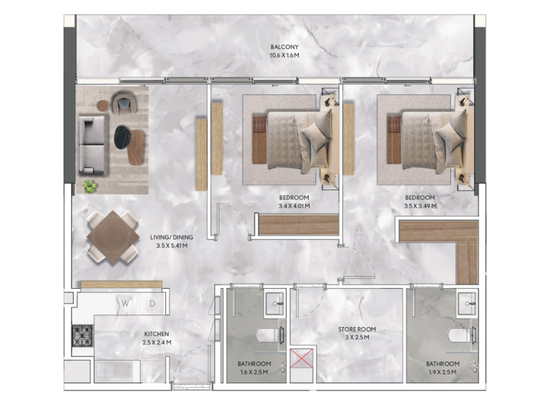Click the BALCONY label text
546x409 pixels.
point(285,47)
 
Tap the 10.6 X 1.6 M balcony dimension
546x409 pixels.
point(285,55)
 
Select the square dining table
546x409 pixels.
point(112,237)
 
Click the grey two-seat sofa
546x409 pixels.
point(91,145)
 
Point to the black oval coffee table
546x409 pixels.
point(122,137)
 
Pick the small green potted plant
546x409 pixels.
point(90,186)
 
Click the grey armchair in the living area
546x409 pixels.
point(124,104)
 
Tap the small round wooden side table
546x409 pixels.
point(103,105)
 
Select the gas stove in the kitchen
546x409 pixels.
point(83,336)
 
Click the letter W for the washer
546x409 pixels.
point(125,303)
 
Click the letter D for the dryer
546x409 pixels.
point(152,303)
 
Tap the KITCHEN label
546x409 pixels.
point(157,334)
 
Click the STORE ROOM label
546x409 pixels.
point(357,329)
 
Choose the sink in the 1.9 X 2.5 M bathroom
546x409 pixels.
point(467,303)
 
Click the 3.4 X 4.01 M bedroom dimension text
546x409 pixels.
point(294,206)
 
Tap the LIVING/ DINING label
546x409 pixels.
point(172,237)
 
